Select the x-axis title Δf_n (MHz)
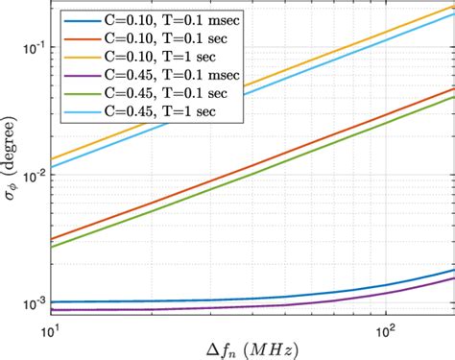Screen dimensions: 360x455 (x=252, y=348)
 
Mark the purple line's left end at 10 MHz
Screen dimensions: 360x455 (x=51, y=310)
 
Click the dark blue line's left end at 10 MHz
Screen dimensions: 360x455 (x=51, y=301)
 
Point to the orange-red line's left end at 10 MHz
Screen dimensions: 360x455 (x=51, y=239)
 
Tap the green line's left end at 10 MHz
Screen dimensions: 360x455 (x=51, y=248)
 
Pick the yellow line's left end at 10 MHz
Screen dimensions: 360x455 (x=51, y=159)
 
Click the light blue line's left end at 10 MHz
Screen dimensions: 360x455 (x=51, y=168)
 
